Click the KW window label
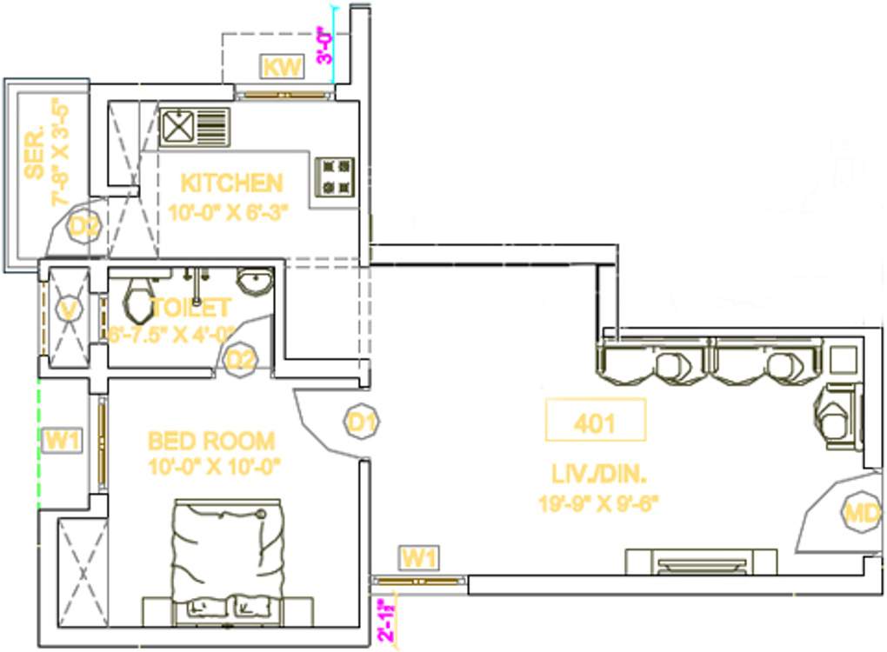click(283, 67)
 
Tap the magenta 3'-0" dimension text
click(323, 46)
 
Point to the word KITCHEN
click(231, 183)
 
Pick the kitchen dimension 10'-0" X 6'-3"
click(228, 211)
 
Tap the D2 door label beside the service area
click(85, 228)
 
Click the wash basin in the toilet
click(255, 283)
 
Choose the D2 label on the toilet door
click(241, 359)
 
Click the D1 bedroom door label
click(361, 422)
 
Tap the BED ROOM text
click(211, 441)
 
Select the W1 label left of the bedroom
click(62, 441)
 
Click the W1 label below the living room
click(418, 557)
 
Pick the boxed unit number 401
click(595, 422)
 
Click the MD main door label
click(862, 513)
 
